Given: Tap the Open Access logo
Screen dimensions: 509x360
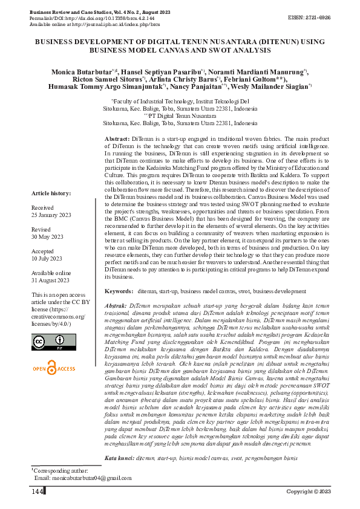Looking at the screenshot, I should (x=54, y=368).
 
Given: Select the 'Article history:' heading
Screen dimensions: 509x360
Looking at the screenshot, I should (x=51, y=192).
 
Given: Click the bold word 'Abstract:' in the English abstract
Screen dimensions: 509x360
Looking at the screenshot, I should (x=117, y=139).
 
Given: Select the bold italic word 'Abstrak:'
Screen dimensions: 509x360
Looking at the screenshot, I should (x=116, y=306).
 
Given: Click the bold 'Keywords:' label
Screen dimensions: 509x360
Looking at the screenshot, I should (x=119, y=292).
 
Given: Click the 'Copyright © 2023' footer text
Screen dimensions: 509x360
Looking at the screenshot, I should (x=308, y=492).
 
